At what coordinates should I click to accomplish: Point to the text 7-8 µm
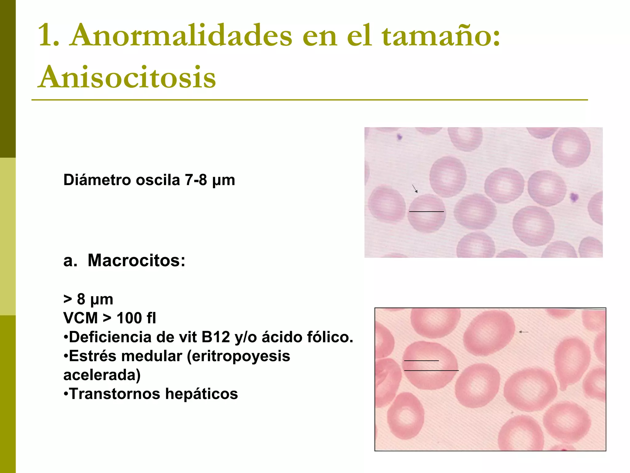(210, 180)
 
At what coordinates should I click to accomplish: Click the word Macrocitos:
(136, 261)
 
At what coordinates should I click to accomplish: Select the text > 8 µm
(88, 299)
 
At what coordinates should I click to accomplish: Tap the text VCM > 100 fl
(110, 318)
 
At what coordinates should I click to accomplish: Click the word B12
(216, 337)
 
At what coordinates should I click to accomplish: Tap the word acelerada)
(102, 375)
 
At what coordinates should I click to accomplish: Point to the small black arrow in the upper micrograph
(415, 188)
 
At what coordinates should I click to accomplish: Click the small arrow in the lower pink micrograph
(524, 332)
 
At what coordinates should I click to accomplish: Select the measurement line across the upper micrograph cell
(426, 212)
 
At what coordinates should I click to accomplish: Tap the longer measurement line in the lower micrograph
(431, 370)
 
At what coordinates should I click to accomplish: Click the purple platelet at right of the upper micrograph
(574, 197)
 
